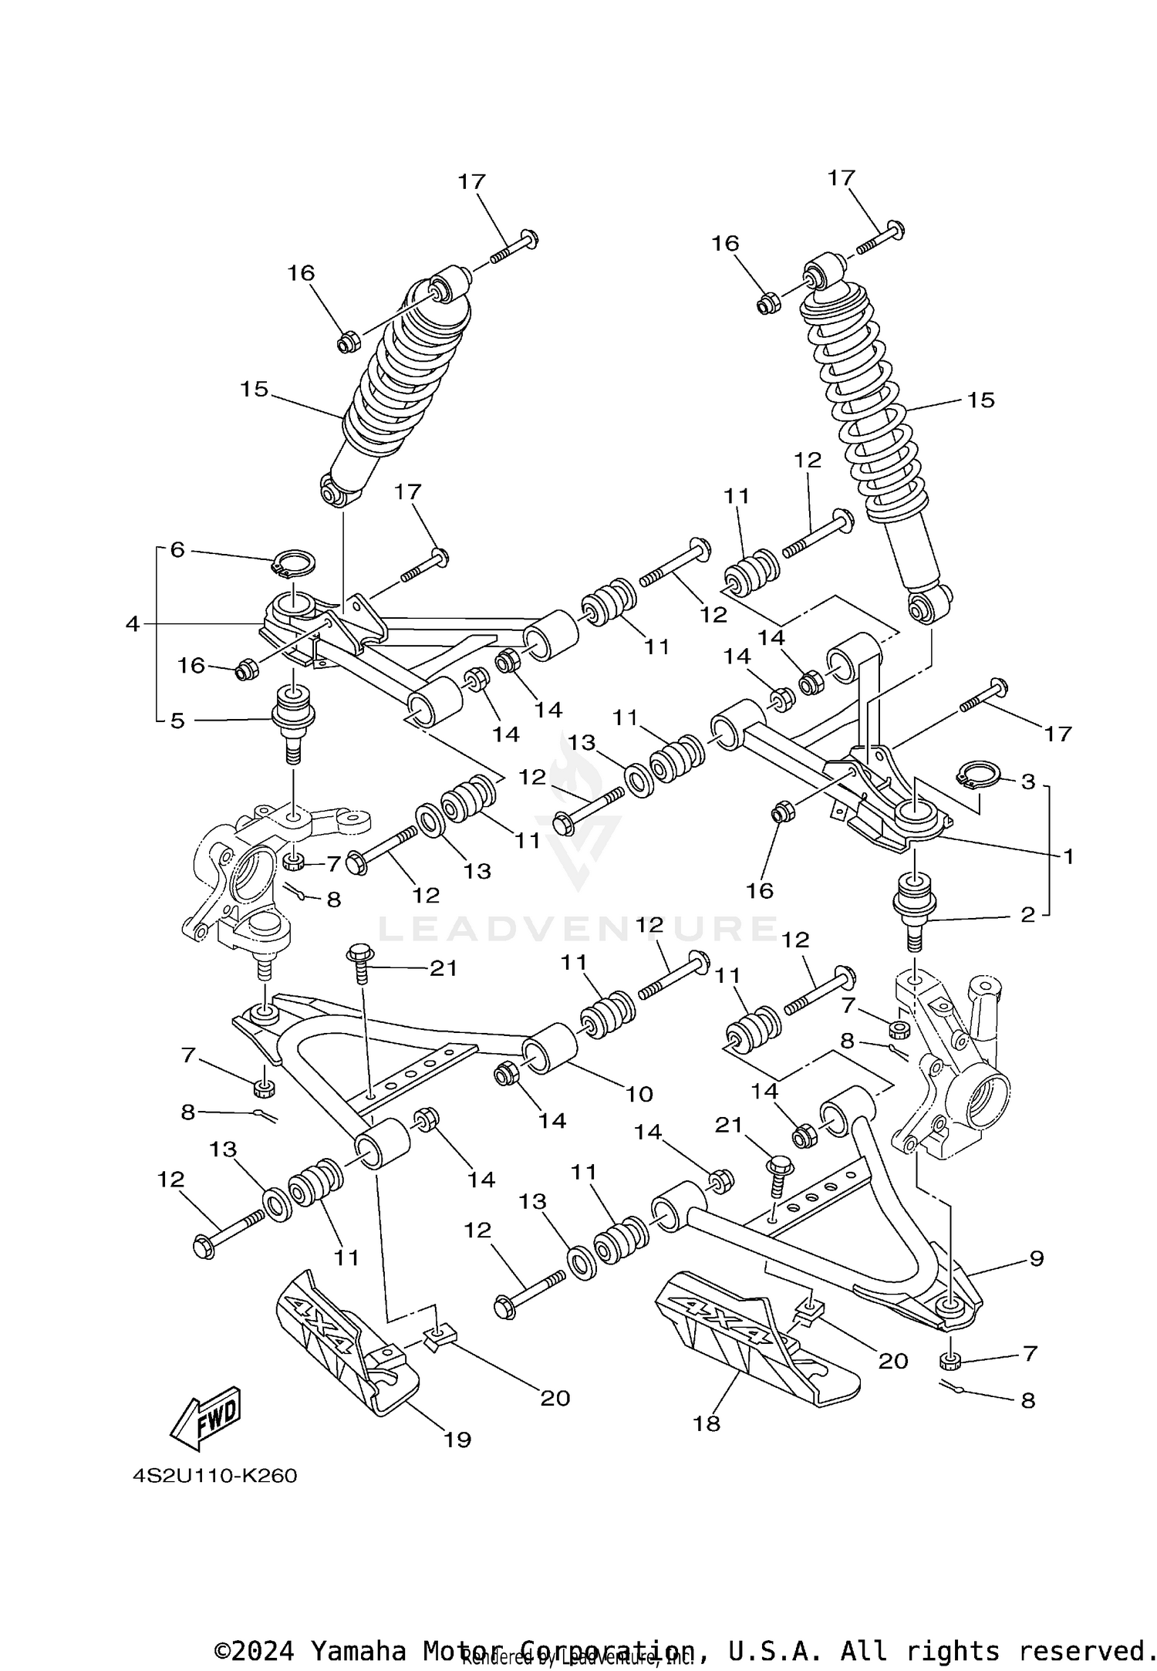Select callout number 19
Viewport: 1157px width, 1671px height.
pos(457,1439)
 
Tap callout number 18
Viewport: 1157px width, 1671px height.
pos(707,1423)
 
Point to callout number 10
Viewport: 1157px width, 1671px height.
pos(639,1093)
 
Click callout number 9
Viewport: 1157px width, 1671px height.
pos(1036,1258)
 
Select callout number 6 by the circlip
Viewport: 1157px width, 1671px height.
pos(177,550)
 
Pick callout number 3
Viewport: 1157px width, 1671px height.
pos(1027,781)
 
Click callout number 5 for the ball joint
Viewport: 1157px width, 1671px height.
pos(177,721)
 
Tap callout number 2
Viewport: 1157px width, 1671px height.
pos(1027,915)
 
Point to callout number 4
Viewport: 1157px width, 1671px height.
pos(133,623)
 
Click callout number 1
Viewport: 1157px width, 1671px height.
pos(1068,856)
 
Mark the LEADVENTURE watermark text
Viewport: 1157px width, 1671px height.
pos(578,928)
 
